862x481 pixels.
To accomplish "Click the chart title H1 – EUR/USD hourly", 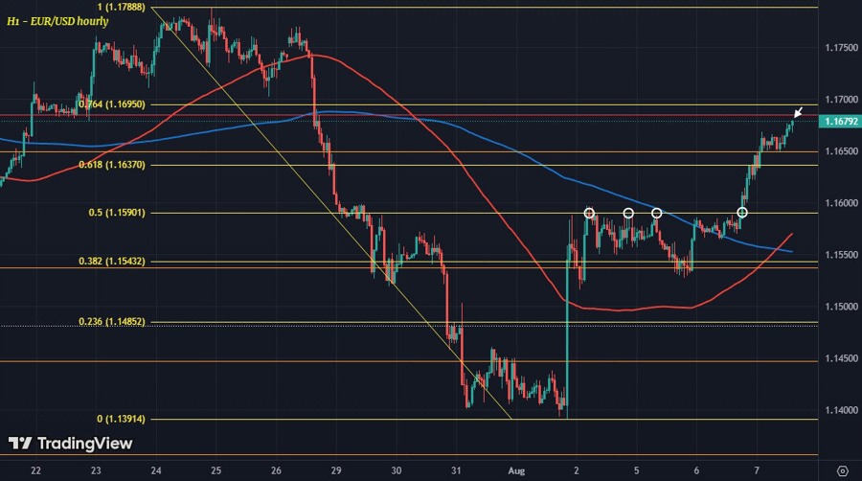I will point(57,20).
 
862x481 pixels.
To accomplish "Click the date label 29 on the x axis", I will point(336,470).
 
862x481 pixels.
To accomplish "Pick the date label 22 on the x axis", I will point(35,470).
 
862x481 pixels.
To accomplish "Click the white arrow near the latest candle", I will point(798,113).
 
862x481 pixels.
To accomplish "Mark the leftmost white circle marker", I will point(590,213).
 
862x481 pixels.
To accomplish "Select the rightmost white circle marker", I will point(741,212).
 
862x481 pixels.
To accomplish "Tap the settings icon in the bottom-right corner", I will point(842,470).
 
